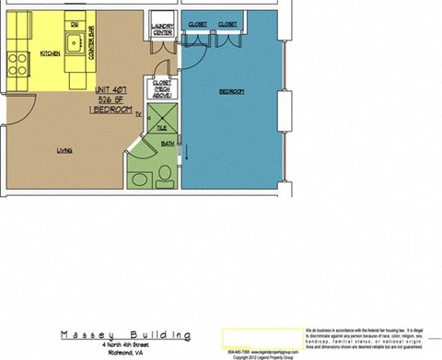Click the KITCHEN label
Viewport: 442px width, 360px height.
tap(49, 54)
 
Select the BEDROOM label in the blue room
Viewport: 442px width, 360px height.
tap(231, 92)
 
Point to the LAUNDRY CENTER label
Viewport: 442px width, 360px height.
tap(164, 31)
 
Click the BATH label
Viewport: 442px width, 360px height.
tap(167, 143)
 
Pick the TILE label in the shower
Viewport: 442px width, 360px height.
tap(161, 128)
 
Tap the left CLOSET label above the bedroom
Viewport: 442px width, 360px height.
tap(197, 23)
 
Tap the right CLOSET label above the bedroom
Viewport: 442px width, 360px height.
tap(228, 23)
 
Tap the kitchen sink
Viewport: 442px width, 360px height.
tap(73, 41)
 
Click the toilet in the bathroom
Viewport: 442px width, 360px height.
tap(164, 174)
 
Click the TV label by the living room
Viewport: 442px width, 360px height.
tap(138, 116)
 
